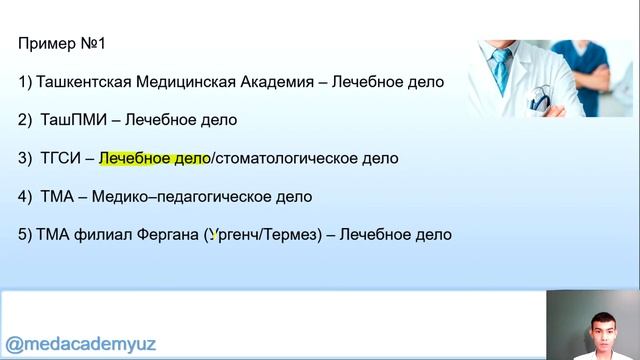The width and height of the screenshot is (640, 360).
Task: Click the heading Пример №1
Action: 62,44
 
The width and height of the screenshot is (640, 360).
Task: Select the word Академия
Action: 282,82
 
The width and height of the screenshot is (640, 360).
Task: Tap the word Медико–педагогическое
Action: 169,197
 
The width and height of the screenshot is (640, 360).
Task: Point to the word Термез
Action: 293,235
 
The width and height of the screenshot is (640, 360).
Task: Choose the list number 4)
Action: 25,197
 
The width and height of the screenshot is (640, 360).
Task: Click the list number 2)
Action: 25,120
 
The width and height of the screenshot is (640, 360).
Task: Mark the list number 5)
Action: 25,235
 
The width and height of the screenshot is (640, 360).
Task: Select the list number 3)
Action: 25,158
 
